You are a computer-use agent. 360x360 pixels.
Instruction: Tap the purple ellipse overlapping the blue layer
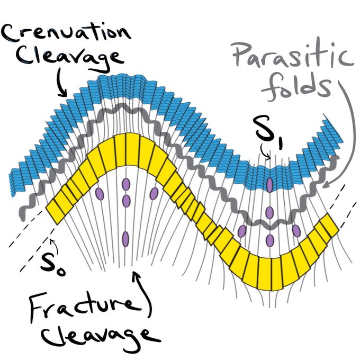(x=270, y=185)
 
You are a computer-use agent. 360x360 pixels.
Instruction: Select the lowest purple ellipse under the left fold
(x=126, y=240)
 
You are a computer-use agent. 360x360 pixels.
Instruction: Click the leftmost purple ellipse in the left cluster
(x=99, y=194)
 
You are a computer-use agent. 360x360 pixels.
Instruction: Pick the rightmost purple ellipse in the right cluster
(x=296, y=231)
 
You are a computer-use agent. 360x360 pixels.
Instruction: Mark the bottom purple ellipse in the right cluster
(x=269, y=240)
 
